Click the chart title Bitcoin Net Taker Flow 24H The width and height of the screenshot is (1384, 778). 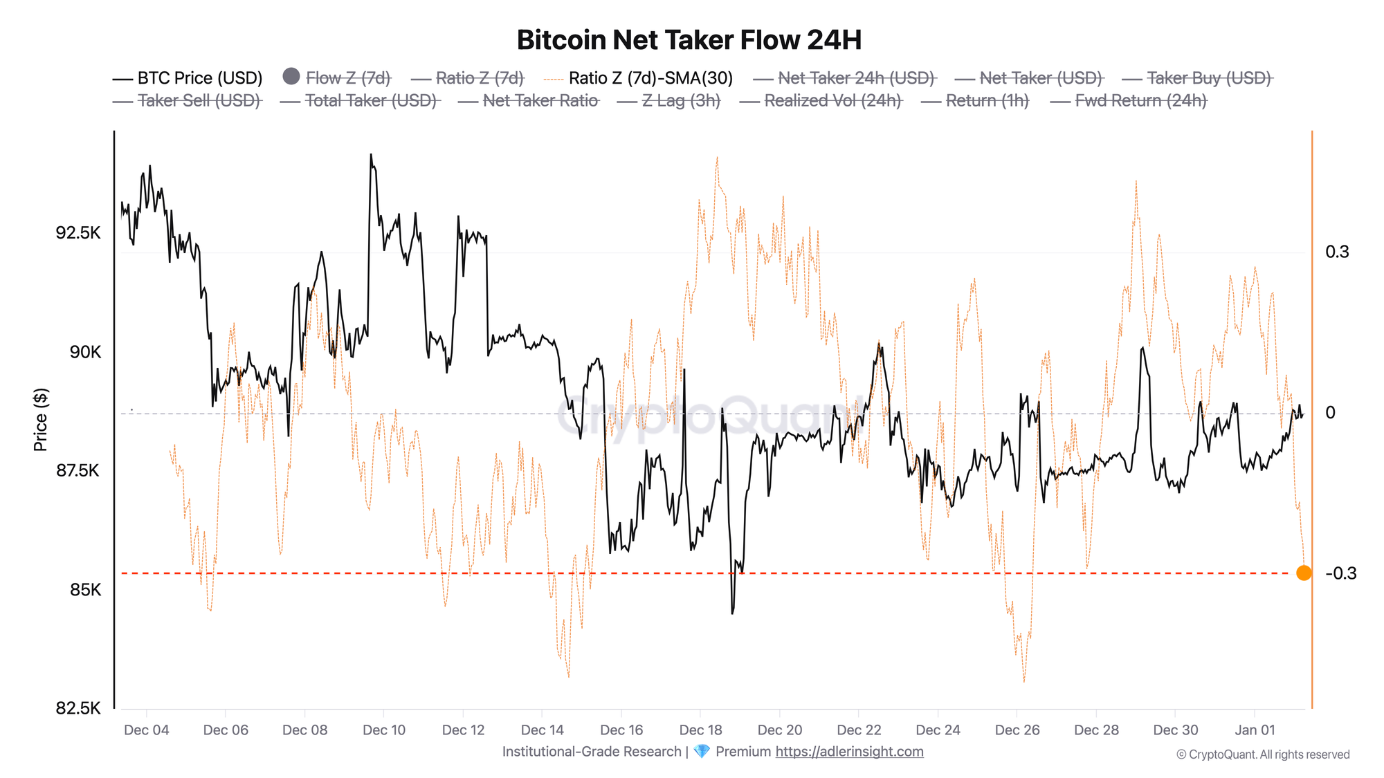click(x=689, y=40)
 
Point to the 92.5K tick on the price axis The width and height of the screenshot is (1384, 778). click(x=78, y=233)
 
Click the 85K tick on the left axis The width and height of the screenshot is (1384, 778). click(x=85, y=590)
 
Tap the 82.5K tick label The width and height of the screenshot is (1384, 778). click(x=78, y=709)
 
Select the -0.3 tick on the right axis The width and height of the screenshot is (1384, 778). click(x=1340, y=573)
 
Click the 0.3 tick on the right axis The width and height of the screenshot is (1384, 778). click(x=1337, y=252)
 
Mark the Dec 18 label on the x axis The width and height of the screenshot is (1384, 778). click(x=700, y=730)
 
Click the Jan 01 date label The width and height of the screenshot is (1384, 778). click(x=1255, y=730)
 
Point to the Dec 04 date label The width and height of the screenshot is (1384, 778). click(x=146, y=730)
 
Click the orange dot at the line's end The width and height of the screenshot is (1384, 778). click(x=1304, y=573)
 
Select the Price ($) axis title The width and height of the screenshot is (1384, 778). click(x=41, y=420)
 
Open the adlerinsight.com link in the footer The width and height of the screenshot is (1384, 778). click(x=849, y=752)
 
